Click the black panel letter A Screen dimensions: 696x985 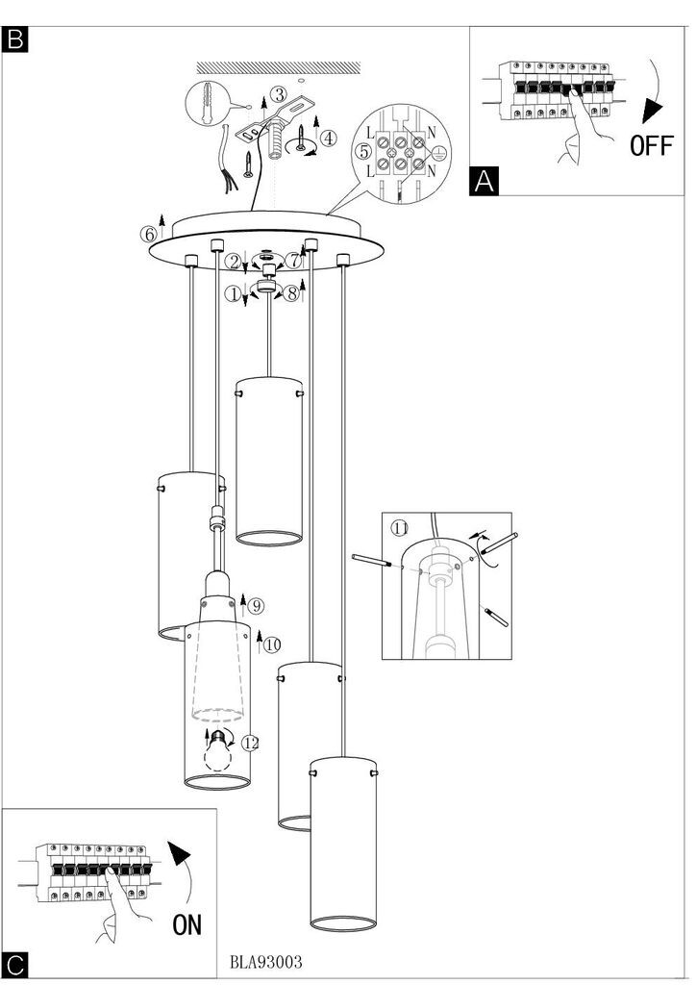(x=484, y=181)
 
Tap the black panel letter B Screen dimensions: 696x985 (x=15, y=39)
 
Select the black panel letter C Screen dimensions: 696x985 (x=15, y=966)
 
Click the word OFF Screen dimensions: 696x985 (x=652, y=146)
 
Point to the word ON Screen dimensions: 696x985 (x=187, y=924)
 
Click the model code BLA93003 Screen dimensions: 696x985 (x=266, y=962)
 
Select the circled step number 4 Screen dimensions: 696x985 (x=328, y=138)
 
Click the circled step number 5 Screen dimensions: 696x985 (x=364, y=151)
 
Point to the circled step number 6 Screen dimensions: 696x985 (x=149, y=235)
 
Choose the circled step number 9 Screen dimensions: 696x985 (x=255, y=606)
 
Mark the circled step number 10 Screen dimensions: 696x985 (x=272, y=644)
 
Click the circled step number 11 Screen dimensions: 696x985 (x=400, y=528)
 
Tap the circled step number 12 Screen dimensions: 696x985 (x=250, y=744)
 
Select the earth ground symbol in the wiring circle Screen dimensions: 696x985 (x=440, y=151)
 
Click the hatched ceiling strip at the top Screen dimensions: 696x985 (x=279, y=67)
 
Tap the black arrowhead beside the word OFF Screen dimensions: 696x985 (x=652, y=112)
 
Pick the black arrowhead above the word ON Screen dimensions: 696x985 (x=180, y=853)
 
